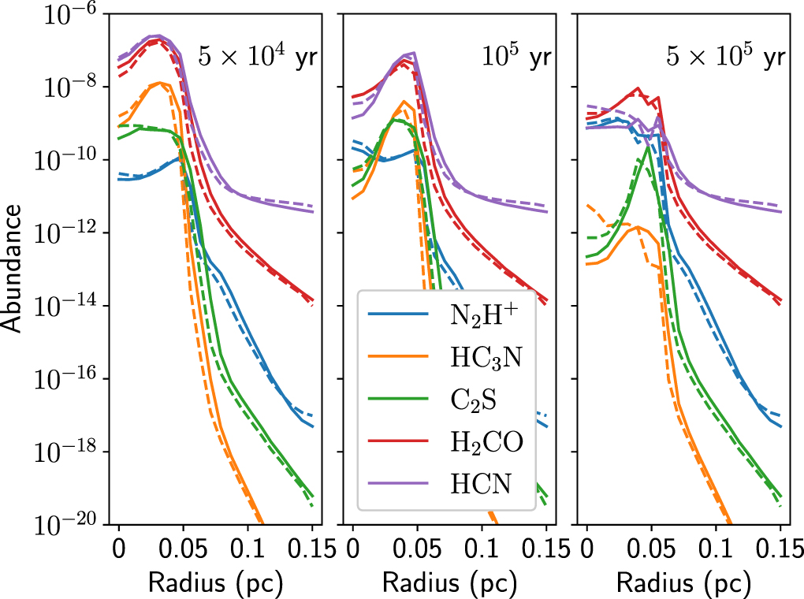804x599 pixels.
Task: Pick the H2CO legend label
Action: tap(481, 444)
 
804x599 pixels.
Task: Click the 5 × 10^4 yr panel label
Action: tap(257, 59)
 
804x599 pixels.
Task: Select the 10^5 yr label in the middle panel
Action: tap(517, 59)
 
